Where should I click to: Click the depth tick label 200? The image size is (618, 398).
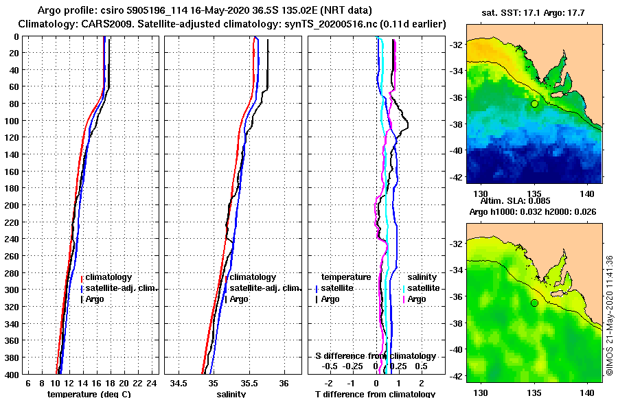pyautogui.click(x=12, y=204)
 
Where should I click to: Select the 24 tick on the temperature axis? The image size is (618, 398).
pyautogui.click(x=152, y=383)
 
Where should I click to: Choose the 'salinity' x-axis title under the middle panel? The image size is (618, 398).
pyautogui.click(x=231, y=394)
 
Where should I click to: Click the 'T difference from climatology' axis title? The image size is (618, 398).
pyautogui.click(x=375, y=394)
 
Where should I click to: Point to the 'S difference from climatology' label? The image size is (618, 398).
pyautogui.click(x=375, y=356)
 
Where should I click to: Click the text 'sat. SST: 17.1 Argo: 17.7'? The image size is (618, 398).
pyautogui.click(x=534, y=12)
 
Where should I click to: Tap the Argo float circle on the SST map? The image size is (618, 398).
pyautogui.click(x=534, y=104)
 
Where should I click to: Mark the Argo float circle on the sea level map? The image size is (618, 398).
pyautogui.click(x=534, y=303)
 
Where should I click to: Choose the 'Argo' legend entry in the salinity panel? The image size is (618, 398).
pyautogui.click(x=239, y=299)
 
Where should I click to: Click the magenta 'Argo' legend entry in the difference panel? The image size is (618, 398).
pyautogui.click(x=416, y=299)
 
